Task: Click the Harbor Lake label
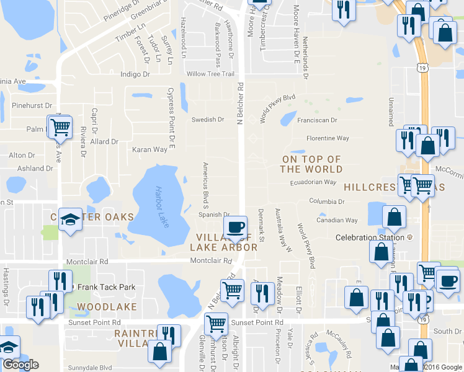tap(162, 206)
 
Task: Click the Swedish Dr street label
tap(207, 120)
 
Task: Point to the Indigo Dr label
tap(135, 74)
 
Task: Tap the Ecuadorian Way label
tap(313, 182)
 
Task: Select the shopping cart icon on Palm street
tap(60, 128)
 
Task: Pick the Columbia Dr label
tap(327, 201)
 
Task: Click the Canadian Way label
tap(337, 220)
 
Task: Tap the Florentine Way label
tap(328, 138)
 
